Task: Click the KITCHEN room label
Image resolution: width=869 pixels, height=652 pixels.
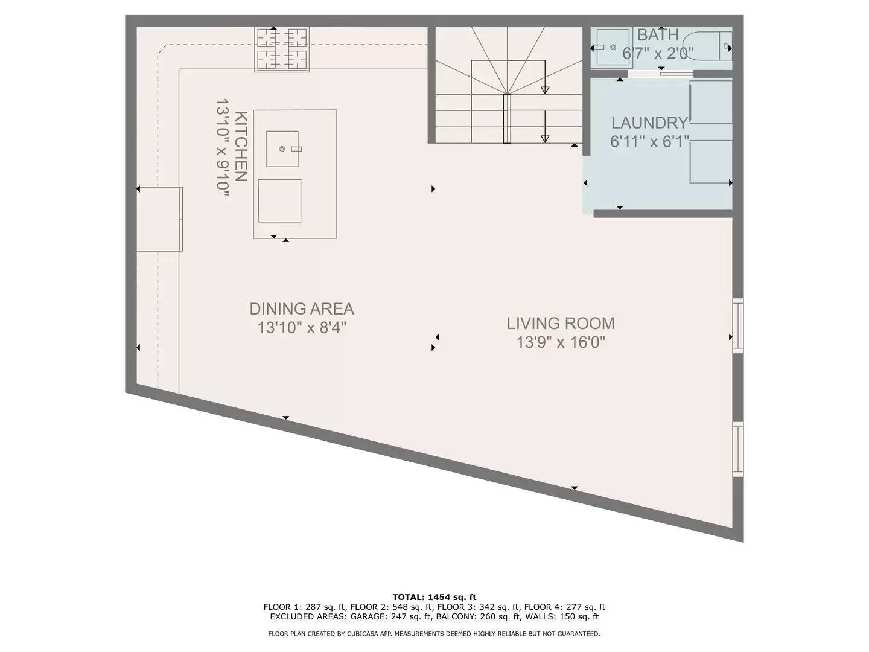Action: [x=241, y=147]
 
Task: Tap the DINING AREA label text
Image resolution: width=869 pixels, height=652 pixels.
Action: [x=302, y=308]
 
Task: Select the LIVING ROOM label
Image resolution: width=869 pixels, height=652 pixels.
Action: [x=561, y=324]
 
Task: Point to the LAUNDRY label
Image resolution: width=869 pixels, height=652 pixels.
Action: [x=649, y=123]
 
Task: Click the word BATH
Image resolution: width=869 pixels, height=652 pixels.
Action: [x=658, y=35]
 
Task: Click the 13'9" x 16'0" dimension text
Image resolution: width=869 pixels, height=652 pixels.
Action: [x=561, y=342]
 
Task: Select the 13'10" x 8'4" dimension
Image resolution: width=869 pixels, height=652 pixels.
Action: [x=302, y=328]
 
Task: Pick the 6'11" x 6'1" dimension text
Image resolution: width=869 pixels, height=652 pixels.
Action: [x=649, y=142]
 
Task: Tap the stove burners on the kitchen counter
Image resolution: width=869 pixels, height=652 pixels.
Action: [x=282, y=50]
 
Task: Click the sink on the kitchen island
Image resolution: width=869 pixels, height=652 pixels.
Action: [x=282, y=149]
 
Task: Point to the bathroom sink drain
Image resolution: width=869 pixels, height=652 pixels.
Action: [x=613, y=47]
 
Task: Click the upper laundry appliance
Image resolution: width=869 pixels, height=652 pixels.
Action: [x=711, y=102]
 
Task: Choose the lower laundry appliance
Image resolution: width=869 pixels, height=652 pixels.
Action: [x=711, y=162]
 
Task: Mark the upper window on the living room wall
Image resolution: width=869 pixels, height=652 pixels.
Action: [x=737, y=325]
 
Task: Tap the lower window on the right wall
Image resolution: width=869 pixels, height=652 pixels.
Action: [x=737, y=449]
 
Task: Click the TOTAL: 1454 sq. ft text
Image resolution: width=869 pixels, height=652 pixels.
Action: [x=434, y=597]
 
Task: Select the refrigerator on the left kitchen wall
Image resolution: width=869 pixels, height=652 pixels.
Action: [x=159, y=219]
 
